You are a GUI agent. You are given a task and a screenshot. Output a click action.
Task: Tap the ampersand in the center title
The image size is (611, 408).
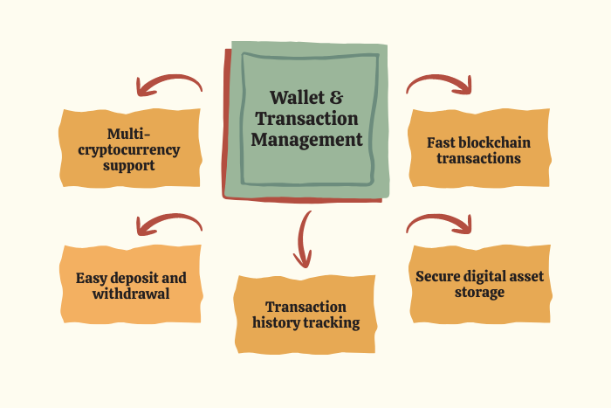click(336, 97)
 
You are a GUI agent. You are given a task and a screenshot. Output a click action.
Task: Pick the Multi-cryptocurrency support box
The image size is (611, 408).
click(131, 149)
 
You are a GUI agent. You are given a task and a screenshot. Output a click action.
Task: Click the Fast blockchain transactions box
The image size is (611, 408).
click(478, 149)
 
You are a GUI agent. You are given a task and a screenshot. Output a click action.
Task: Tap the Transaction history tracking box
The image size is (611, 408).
click(305, 315)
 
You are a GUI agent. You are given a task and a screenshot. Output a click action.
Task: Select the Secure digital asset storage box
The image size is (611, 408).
click(479, 284)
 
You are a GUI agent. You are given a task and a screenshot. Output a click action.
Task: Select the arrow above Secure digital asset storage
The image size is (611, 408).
click(441, 224)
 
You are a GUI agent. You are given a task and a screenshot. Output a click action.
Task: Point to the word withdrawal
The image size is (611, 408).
click(131, 294)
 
